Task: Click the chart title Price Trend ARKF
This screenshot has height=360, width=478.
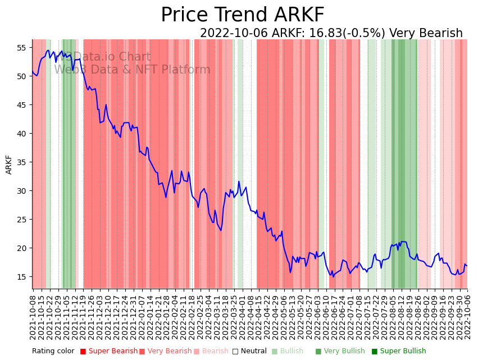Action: coord(242,15)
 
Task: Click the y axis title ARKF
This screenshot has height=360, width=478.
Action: coord(9,165)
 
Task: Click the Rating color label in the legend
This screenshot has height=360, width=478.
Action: coord(53,352)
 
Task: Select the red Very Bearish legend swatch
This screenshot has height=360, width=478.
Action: coord(142,352)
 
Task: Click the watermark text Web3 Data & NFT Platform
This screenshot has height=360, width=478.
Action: coord(132,70)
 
